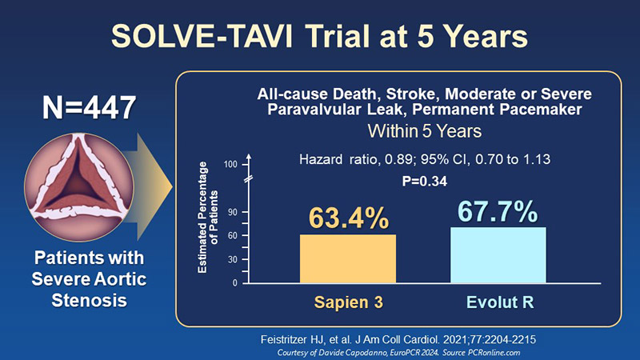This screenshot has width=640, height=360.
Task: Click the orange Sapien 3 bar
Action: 348,258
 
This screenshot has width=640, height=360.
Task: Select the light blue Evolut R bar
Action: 498,255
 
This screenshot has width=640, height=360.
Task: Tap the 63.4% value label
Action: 349,218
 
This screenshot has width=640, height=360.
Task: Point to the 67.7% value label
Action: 498,211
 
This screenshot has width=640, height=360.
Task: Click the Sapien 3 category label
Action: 349,302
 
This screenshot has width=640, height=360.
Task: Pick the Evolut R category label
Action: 500,302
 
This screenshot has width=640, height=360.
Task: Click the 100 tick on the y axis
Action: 230,165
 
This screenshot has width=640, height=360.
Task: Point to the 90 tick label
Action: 232,212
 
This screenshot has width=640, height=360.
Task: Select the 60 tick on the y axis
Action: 232,236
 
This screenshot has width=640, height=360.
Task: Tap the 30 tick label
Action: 232,259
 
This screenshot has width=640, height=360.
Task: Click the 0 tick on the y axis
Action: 234,283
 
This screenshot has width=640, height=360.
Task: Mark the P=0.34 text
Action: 425,182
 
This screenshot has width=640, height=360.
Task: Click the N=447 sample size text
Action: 89,108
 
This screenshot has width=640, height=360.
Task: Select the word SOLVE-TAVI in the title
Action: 202,36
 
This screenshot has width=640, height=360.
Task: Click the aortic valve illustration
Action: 79,187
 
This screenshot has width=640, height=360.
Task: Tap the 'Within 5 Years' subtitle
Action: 425,131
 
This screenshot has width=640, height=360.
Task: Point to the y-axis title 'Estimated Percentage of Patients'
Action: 208,217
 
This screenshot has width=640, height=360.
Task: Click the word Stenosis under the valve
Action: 89,301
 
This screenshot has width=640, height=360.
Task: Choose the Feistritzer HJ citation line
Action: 398,339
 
